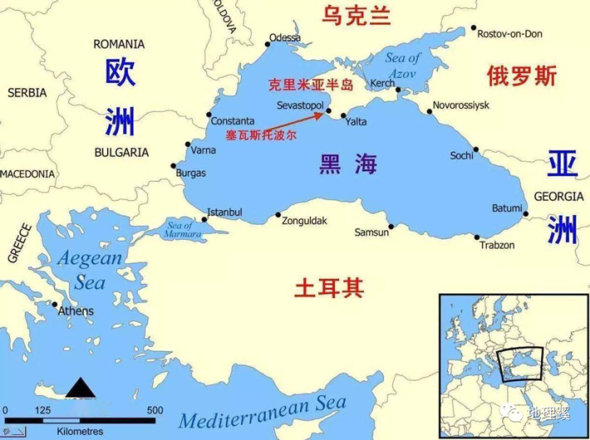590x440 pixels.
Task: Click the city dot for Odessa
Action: [x=268, y=44]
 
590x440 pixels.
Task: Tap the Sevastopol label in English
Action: [x=300, y=106]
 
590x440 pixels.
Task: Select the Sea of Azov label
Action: [x=402, y=66]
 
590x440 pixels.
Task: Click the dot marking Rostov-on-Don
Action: [x=474, y=28]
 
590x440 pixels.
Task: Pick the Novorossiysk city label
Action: [x=461, y=105]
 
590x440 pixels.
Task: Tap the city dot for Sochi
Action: [x=476, y=149]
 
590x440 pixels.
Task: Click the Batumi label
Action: [x=507, y=208]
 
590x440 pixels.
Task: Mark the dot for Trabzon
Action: [x=477, y=237]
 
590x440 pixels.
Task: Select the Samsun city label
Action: [x=372, y=232]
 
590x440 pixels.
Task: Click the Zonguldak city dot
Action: [x=278, y=215]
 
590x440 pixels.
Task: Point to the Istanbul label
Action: [x=224, y=213]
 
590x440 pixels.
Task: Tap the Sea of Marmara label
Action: [x=179, y=230]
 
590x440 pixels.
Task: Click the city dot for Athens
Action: [x=55, y=304]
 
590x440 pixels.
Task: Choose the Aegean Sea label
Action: [x=90, y=270]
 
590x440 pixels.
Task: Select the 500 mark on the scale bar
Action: [x=155, y=411]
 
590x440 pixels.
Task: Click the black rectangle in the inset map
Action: [x=521, y=364]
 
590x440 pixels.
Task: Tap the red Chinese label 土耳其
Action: [x=329, y=288]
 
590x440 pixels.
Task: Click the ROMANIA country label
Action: [x=119, y=44]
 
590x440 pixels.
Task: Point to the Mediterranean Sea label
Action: [x=262, y=413]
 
